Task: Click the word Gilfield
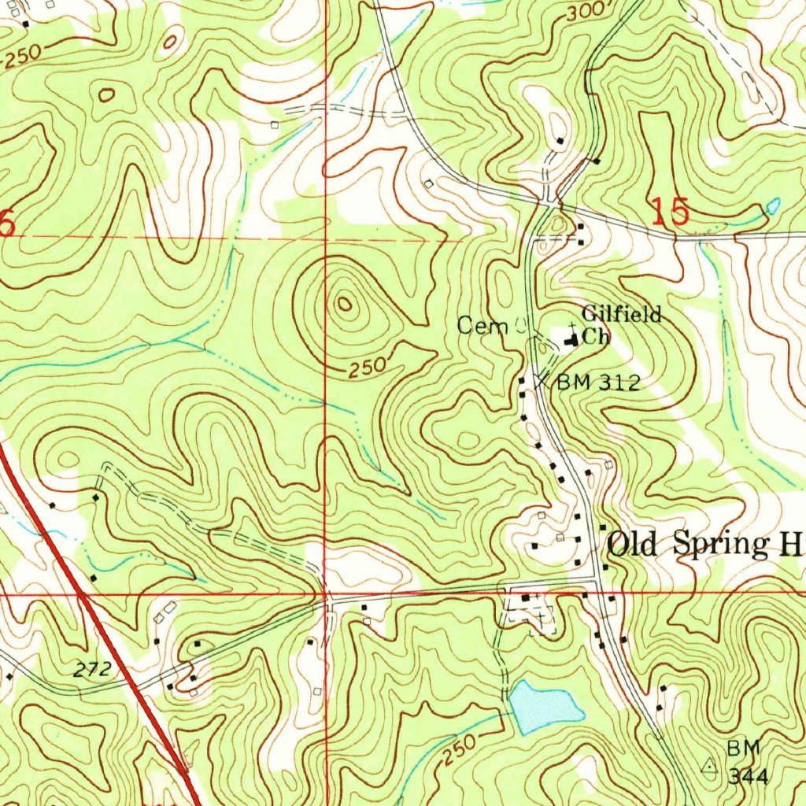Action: click(621, 316)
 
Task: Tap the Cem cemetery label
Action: click(481, 325)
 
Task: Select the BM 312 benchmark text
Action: click(598, 383)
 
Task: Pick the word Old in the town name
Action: click(634, 545)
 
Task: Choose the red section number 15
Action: click(671, 213)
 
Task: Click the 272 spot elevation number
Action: click(92, 671)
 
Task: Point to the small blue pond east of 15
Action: click(772, 206)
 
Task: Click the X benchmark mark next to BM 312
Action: click(540, 381)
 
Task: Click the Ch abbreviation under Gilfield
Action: click(595, 337)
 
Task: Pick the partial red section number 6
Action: click(6, 224)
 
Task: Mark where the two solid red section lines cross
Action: click(326, 594)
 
